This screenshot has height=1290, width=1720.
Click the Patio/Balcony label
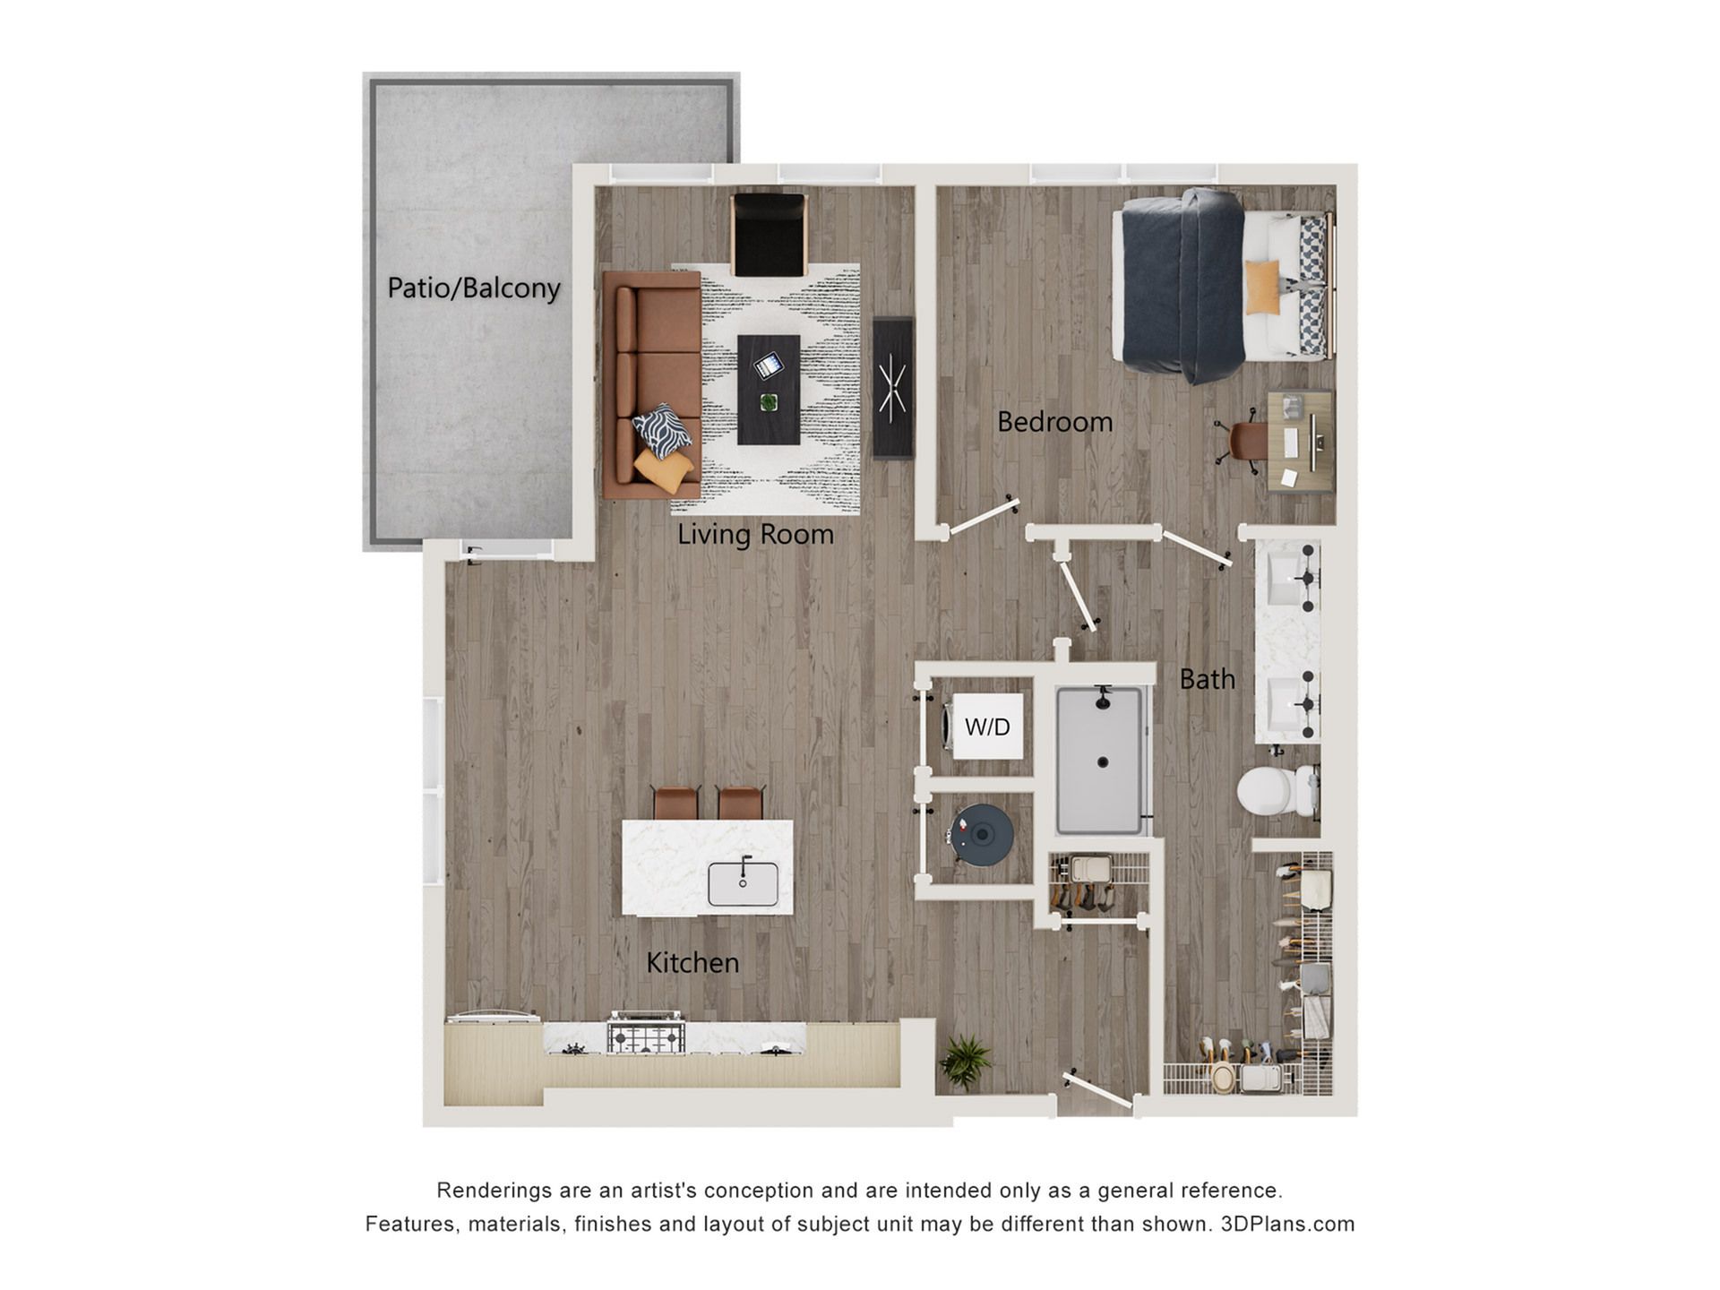[x=474, y=288]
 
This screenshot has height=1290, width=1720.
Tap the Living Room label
[x=755, y=534]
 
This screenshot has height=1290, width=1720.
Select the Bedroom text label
[x=1054, y=422]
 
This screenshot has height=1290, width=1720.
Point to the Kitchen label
[x=692, y=963]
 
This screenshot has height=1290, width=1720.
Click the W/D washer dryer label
[x=987, y=727]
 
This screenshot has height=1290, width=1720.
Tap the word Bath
[x=1207, y=679]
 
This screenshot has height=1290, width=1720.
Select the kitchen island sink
[x=743, y=883]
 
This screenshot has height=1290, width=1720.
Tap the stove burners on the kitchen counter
[x=646, y=1033]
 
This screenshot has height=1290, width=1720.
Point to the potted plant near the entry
[x=965, y=1062]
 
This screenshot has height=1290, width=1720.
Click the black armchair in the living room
[x=769, y=234]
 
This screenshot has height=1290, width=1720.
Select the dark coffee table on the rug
[x=769, y=390]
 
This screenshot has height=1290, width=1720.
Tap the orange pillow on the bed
[x=1262, y=288]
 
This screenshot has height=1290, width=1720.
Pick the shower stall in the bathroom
[x=1101, y=761]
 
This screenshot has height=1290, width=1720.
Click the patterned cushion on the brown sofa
[x=662, y=431]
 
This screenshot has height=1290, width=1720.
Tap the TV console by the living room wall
[x=893, y=388]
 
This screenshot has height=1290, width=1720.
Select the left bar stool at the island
[x=676, y=803]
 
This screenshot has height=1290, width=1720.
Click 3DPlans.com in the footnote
[x=1287, y=1224]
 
